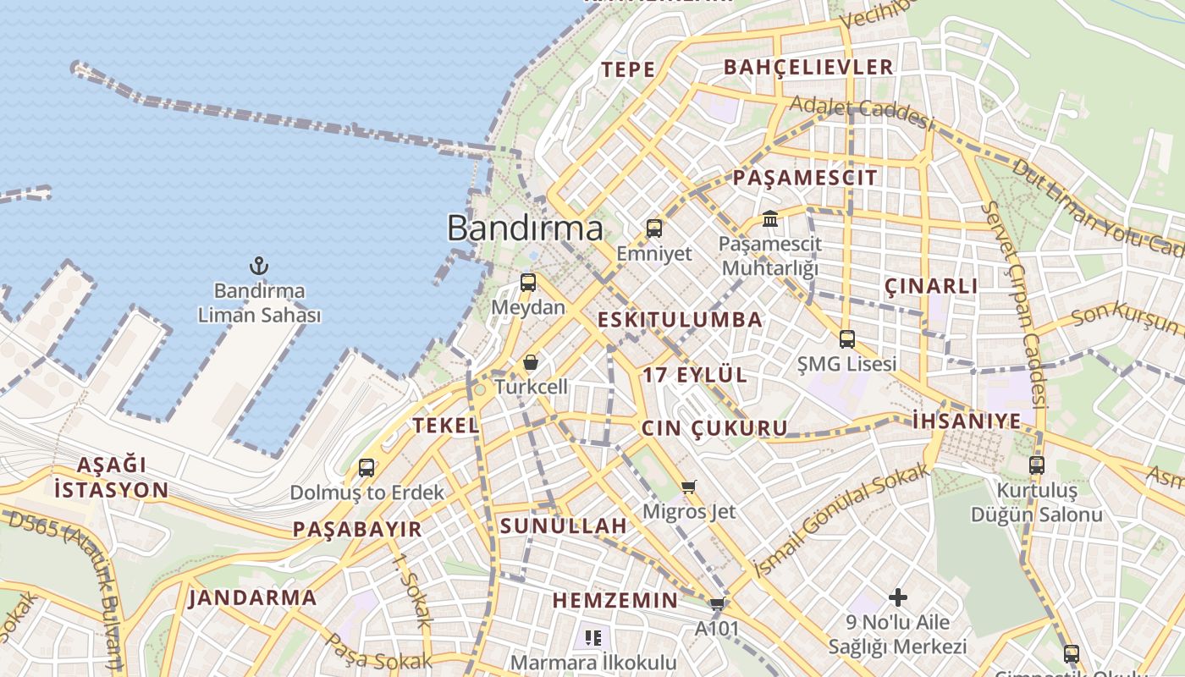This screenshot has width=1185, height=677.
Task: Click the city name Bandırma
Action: point(525,228)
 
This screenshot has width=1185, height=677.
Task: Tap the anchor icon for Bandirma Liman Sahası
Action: point(259,267)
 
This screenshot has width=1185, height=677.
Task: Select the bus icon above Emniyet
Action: point(653,228)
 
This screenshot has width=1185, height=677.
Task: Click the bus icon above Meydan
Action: point(528,283)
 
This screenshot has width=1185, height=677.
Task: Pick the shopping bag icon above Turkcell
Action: point(530,362)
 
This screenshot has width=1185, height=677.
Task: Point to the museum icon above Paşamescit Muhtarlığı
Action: point(770,219)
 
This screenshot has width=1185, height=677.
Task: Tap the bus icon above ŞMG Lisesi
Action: point(846,339)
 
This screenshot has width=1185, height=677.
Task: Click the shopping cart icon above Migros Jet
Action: point(689,487)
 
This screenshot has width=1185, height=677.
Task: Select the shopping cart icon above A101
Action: point(717,604)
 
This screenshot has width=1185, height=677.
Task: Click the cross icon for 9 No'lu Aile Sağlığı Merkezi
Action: point(898,597)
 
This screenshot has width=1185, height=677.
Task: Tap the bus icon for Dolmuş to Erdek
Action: point(367,467)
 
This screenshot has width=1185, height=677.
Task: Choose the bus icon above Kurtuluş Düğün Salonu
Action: point(1037,465)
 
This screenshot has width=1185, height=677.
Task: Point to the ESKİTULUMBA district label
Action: point(681,320)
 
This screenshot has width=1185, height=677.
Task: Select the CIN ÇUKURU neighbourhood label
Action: point(714,428)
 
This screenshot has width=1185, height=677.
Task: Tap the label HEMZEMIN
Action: point(615,601)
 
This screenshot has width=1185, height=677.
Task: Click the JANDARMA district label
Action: point(253,597)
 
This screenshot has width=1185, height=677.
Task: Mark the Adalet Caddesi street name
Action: point(862,113)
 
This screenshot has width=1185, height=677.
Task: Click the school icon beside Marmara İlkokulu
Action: point(592,638)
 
